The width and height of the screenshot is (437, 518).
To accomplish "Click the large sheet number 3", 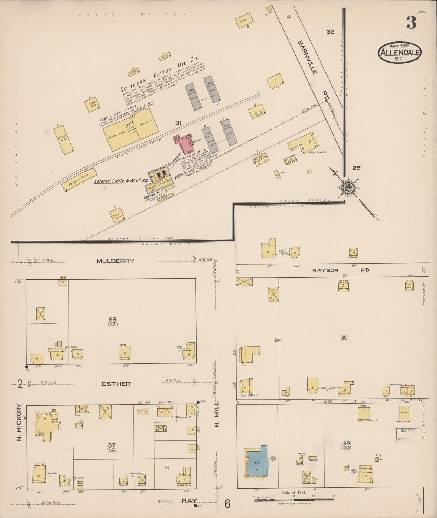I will click(x=411, y=22).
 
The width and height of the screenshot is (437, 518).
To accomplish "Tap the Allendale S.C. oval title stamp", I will click(x=399, y=52).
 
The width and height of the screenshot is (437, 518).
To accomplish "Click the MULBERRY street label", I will click(x=116, y=261).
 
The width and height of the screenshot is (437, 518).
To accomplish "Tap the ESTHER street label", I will click(x=116, y=384).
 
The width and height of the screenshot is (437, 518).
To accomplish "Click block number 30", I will click(x=344, y=338).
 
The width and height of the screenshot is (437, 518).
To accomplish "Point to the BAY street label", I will click(x=188, y=501).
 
